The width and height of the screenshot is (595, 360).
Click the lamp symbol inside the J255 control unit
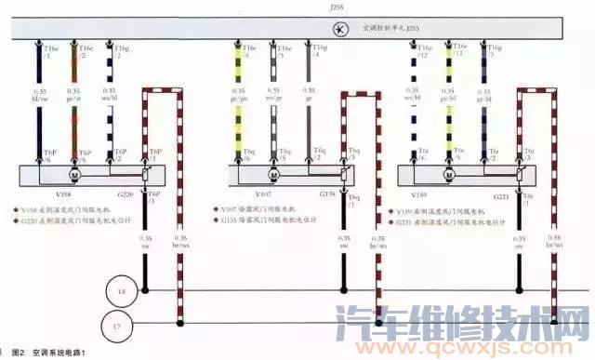341,30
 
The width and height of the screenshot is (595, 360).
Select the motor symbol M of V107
274,175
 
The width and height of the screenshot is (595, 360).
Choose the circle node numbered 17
122,327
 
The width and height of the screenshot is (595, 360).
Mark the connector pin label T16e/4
244,50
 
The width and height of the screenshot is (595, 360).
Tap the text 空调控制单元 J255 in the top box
381,30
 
